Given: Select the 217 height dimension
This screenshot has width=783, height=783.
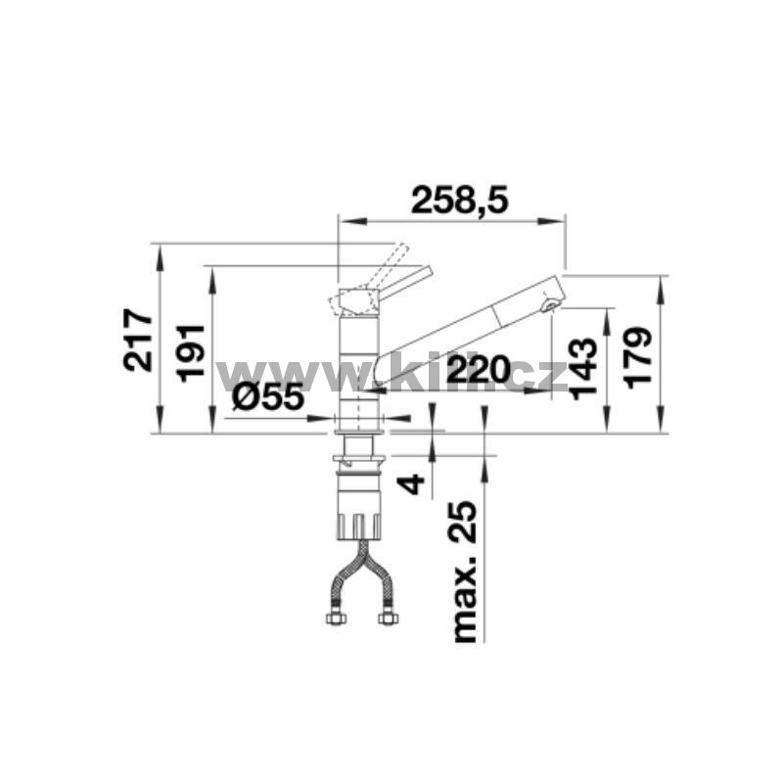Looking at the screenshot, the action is click(x=138, y=340).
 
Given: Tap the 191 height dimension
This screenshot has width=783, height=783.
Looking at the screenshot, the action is click(x=191, y=353).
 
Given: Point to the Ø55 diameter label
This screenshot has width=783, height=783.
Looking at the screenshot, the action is click(x=267, y=397).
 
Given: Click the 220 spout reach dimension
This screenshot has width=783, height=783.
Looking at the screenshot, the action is click(x=479, y=370).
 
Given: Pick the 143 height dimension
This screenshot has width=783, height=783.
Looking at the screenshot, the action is click(x=583, y=369).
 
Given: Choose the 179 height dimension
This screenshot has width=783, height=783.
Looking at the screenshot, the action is click(x=638, y=357).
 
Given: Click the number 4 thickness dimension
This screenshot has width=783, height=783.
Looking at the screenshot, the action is click(x=411, y=484).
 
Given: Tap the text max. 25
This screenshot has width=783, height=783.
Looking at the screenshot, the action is click(x=464, y=571).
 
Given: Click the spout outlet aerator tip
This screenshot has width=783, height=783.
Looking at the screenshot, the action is click(x=551, y=305).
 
